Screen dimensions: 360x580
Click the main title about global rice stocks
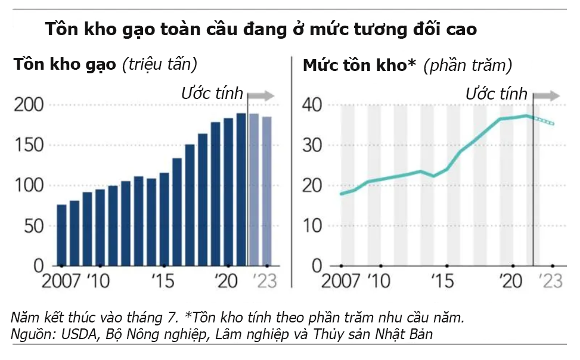(x=260, y=29)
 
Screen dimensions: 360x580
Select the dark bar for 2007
(x=61, y=235)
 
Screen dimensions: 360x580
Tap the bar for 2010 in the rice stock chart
(x=100, y=227)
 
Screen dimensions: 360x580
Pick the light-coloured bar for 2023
(x=266, y=191)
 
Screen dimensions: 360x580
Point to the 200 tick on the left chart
(x=29, y=105)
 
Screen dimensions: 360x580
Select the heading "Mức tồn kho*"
(x=359, y=64)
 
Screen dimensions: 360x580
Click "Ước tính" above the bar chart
(x=212, y=93)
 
